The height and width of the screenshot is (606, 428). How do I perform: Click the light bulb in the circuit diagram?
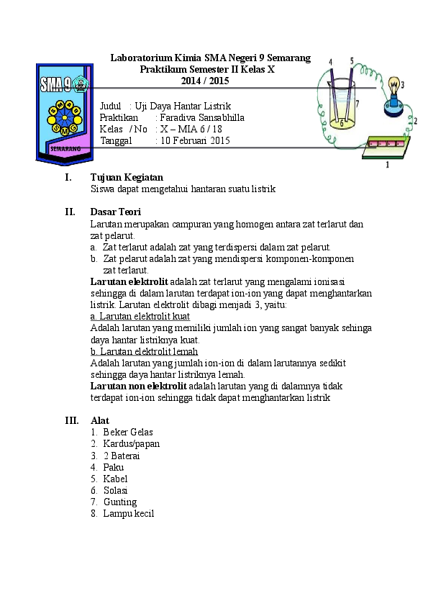point(393,87)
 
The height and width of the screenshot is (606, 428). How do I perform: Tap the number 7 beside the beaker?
point(358,103)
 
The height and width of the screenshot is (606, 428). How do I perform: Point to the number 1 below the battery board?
point(388,165)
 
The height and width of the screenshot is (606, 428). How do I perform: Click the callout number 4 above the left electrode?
point(331,62)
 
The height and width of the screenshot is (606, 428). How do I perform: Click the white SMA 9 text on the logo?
point(56,85)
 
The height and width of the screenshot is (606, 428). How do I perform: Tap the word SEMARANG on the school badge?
point(65,148)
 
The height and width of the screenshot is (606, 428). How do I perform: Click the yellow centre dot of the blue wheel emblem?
point(65,117)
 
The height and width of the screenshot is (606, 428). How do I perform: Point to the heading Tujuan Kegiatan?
point(127,177)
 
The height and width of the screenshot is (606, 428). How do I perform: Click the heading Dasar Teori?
point(116,212)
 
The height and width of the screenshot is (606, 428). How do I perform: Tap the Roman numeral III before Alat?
point(72,420)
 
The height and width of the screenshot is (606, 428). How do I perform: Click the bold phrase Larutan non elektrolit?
point(138,386)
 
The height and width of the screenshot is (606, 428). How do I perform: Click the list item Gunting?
point(120,502)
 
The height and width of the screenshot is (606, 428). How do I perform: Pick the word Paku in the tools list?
point(113,467)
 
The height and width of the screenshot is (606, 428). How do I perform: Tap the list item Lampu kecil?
point(129,514)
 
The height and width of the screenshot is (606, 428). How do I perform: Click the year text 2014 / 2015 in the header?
point(205,81)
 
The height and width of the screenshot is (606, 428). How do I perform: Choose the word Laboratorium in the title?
point(141,58)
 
